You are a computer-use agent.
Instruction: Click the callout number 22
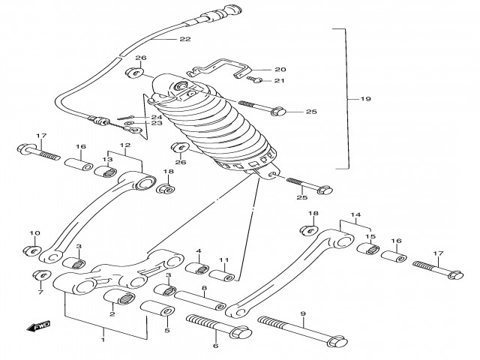(x=184, y=39)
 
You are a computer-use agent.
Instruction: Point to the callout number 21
(x=280, y=81)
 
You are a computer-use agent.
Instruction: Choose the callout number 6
(x=215, y=346)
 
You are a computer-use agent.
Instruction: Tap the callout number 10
(x=34, y=233)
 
